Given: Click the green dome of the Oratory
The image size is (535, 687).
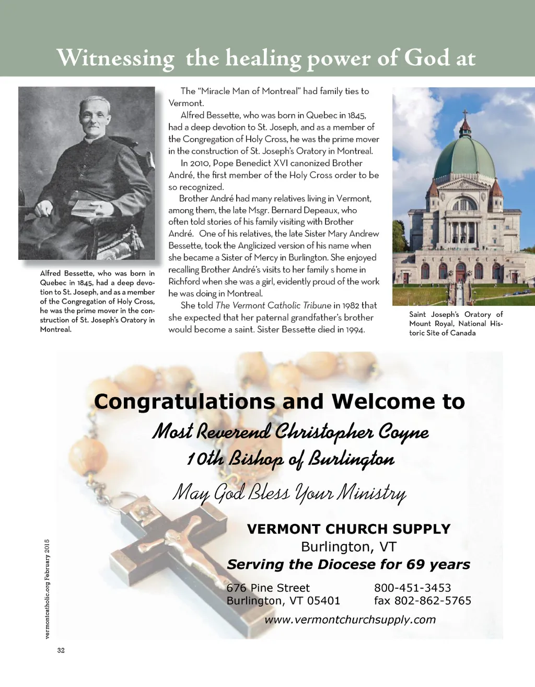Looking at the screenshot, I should point(464,156).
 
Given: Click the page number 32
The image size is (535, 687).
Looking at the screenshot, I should point(61,650).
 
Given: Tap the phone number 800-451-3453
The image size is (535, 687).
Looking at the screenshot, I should point(412,588).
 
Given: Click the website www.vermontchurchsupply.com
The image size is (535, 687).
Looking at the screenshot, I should point(350,620).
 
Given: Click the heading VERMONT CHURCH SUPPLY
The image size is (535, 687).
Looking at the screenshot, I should point(348,529).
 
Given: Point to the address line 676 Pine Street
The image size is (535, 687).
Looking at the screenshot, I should point(268,588).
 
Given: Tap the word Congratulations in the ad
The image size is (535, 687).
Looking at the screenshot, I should point(184,402).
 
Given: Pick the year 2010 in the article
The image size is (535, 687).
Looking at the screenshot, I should point(200,163).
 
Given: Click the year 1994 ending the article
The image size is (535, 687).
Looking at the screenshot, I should point(355,330).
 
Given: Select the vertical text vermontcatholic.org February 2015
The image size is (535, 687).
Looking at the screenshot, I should point(46,589).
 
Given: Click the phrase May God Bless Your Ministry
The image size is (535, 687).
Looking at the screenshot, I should point(289,493).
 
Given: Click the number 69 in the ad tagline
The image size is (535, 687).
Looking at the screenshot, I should point(415,565).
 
